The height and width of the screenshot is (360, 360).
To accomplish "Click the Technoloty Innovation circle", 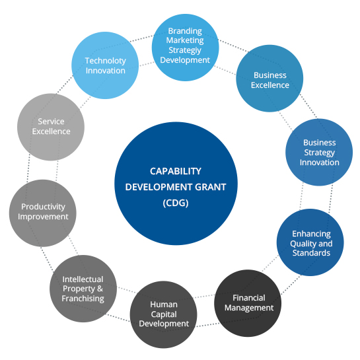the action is pos(105,65).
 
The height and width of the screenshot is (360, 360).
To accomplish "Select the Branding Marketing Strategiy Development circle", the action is pos(185,48).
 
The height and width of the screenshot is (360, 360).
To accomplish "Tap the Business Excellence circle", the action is pos(270,79).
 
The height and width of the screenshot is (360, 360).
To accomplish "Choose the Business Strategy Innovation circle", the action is pos(319,152).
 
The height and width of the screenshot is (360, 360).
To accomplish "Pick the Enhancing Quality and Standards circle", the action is pos(310,242).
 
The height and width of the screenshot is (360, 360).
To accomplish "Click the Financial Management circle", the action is pos(248,303).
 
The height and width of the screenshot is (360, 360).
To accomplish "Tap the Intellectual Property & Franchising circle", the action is pos(83,289).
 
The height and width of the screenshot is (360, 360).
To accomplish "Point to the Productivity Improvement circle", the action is pos(43,213).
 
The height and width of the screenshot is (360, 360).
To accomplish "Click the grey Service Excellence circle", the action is pos(51,127).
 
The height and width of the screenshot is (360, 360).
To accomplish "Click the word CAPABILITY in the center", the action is pos(176,171).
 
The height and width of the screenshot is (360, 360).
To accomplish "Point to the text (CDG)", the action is pos(176,203).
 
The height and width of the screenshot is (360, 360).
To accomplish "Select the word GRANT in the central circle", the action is pos(211,187).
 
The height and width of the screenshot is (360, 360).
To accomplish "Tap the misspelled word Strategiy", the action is pos(185,50).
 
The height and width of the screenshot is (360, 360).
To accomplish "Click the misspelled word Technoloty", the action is pos(106,61).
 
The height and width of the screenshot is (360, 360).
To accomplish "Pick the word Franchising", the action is pos(83,299).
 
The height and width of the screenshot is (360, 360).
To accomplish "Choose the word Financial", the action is pos(249,298).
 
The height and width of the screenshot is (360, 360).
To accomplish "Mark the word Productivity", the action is pos(43,207).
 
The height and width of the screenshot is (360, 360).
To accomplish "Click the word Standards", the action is pos(311,253).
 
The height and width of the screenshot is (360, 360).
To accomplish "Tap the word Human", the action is pos(164,305).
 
